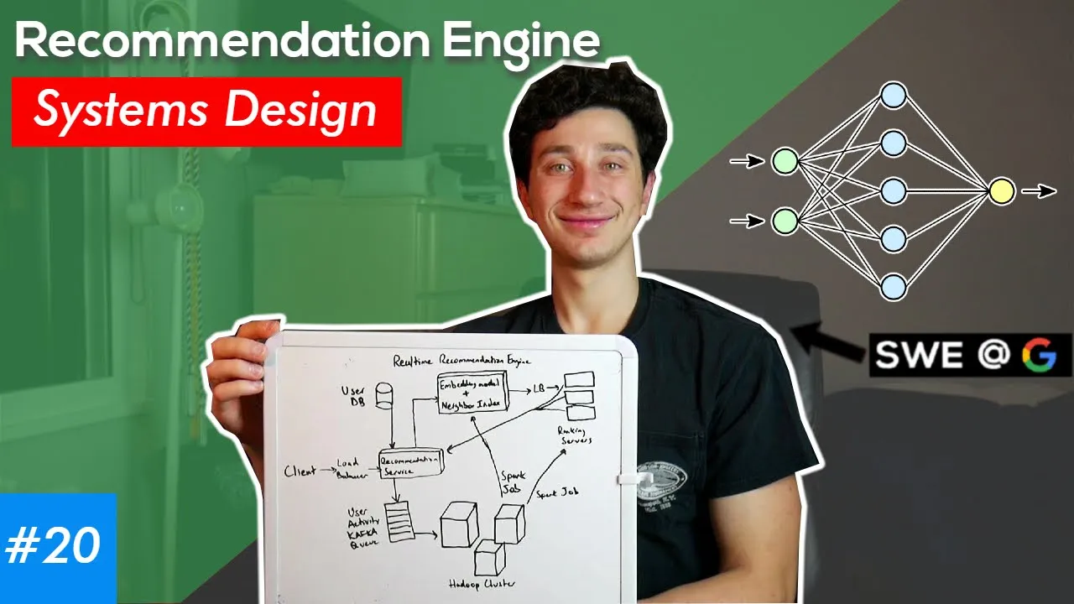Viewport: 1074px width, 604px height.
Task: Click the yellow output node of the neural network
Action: click(x=1002, y=191)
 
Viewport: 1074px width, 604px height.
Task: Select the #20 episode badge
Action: click(x=54, y=546)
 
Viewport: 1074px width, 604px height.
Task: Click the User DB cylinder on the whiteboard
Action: click(x=384, y=395)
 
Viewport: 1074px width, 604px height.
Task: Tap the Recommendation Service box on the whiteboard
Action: click(x=410, y=463)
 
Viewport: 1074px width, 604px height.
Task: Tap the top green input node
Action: click(x=785, y=160)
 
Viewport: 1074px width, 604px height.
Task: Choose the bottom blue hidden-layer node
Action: click(x=894, y=287)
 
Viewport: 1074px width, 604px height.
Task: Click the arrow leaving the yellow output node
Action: click(x=1039, y=191)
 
